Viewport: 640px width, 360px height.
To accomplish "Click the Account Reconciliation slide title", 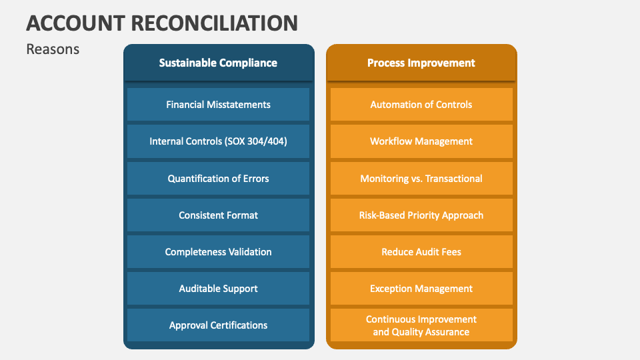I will [162, 23].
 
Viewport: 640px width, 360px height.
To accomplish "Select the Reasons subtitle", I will [53, 49].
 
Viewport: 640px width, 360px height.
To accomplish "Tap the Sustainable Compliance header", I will [218, 63].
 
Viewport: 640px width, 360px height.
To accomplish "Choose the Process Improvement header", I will [421, 63].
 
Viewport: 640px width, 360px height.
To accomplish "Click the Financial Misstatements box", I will [218, 105].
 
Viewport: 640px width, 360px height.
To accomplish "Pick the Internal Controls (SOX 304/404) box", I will [218, 141].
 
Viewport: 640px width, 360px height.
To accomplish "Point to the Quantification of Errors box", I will [218, 178].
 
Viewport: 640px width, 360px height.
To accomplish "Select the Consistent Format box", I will [218, 215].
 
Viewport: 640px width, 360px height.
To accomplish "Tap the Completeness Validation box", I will [218, 251].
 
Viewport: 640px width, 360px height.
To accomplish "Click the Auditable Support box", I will [218, 288].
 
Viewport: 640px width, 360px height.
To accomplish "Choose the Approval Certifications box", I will [218, 325].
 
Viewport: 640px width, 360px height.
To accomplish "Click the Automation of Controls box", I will [421, 105].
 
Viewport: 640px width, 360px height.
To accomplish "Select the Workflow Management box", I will [421, 141].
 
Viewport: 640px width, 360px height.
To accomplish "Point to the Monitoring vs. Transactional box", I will [421, 178].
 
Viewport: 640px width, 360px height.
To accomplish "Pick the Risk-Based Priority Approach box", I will [421, 215].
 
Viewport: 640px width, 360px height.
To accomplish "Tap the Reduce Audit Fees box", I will [421, 251].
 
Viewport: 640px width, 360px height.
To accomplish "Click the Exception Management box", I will [421, 288].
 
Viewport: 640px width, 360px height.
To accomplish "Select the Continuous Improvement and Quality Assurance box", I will [421, 325].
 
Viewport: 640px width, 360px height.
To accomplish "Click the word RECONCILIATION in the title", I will [215, 23].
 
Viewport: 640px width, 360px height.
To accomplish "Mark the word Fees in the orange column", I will [450, 252].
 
